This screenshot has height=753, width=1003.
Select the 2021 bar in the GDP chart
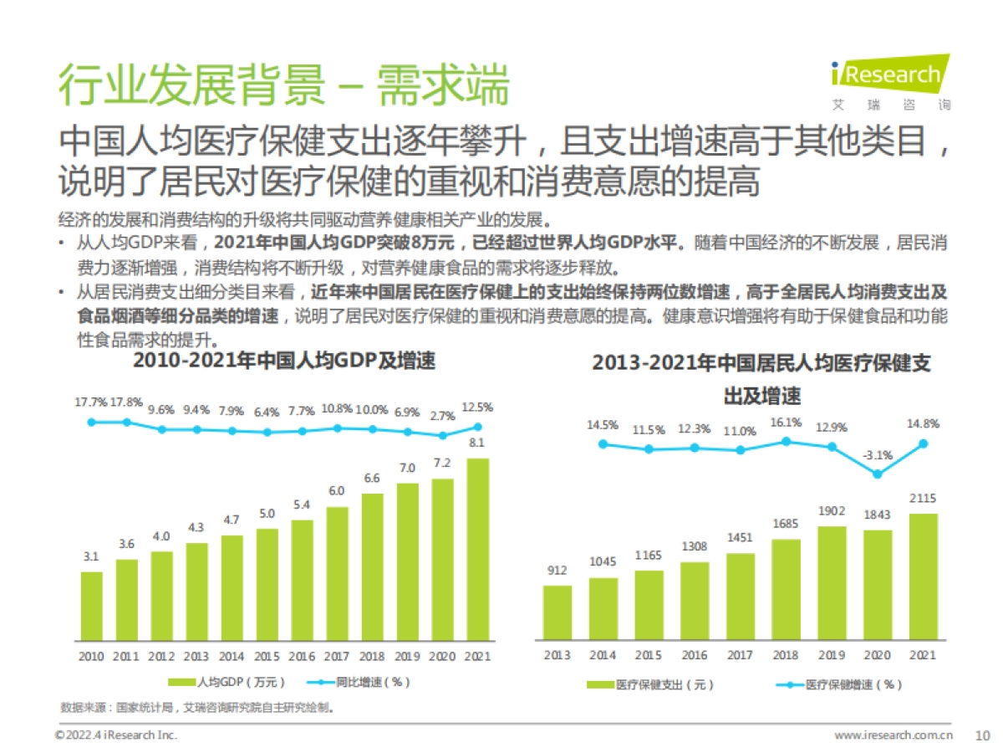[x=476, y=548]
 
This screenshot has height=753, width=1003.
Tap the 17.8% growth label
[x=127, y=402]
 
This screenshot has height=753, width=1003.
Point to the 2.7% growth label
[x=441, y=415]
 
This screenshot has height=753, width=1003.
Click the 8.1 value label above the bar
[x=476, y=443]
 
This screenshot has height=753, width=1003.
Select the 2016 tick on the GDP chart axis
[x=302, y=657]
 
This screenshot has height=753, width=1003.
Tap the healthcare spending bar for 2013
[x=558, y=612]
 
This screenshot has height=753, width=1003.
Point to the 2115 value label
[x=923, y=499]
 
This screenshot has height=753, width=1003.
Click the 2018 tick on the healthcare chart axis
[x=786, y=657]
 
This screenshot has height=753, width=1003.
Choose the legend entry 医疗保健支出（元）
[x=652, y=684]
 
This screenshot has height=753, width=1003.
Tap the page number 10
[x=982, y=735]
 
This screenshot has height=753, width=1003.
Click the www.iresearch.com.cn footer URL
[x=894, y=735]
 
